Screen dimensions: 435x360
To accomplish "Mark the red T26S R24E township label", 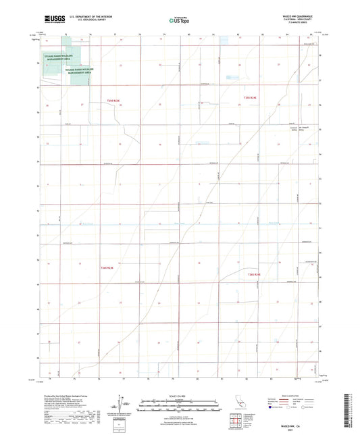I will pyautogui.click(x=254, y=275).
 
